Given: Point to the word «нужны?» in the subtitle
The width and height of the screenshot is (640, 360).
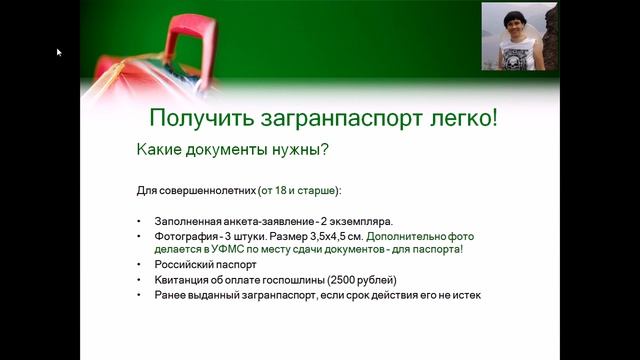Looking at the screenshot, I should coord(298,151).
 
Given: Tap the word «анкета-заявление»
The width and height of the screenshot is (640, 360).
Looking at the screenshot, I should coord(265,221).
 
